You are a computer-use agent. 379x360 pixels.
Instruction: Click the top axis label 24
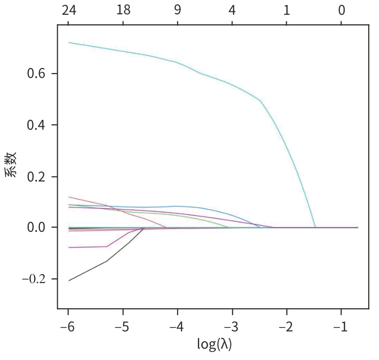[68, 10]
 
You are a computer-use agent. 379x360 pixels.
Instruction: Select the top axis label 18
[123, 10]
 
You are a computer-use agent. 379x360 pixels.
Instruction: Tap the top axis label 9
[178, 10]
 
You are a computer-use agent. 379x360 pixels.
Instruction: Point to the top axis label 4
[232, 10]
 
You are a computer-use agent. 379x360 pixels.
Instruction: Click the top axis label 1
[287, 10]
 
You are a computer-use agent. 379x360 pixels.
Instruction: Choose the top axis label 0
[341, 10]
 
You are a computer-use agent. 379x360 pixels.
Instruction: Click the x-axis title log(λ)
[214, 345]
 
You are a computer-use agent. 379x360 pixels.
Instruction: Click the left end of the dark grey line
[69, 281]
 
